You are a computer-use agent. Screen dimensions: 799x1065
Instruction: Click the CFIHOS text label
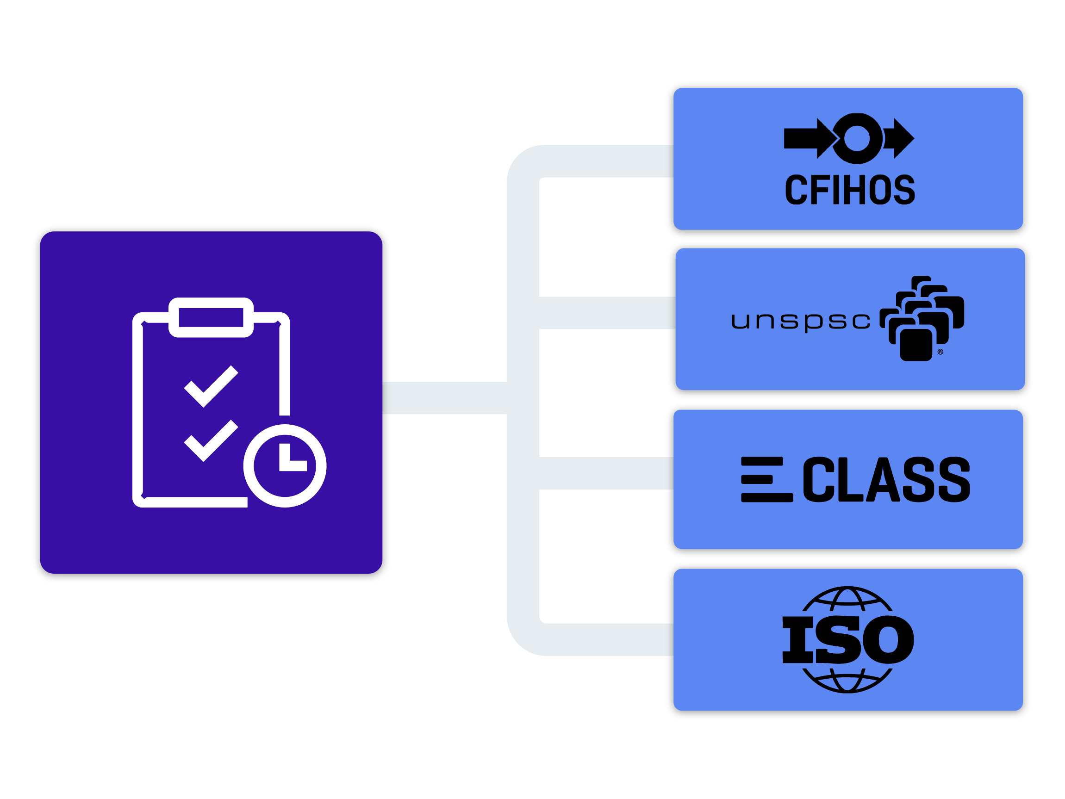click(x=849, y=190)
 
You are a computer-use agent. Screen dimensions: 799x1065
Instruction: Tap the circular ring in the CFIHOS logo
click(x=857, y=139)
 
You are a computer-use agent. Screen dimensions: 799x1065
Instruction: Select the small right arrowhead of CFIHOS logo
click(x=902, y=139)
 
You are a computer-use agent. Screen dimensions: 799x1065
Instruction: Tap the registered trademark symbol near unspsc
click(x=940, y=352)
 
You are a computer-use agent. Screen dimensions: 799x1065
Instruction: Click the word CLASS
click(x=886, y=480)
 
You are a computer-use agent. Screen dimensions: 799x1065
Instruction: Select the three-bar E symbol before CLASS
click(x=765, y=480)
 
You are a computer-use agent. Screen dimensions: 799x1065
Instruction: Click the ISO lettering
click(x=848, y=640)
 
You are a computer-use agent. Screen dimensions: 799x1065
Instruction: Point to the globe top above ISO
click(x=847, y=600)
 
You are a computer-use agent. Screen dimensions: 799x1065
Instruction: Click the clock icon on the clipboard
click(x=285, y=466)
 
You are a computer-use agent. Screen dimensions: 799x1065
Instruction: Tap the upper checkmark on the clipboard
click(x=211, y=386)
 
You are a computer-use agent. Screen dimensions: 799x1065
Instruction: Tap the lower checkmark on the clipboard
click(x=211, y=441)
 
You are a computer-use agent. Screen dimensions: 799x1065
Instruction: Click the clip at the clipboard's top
click(x=211, y=317)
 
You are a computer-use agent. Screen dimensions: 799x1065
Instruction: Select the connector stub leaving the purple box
click(x=443, y=398)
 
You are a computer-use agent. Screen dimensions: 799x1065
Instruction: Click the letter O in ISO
click(x=888, y=640)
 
